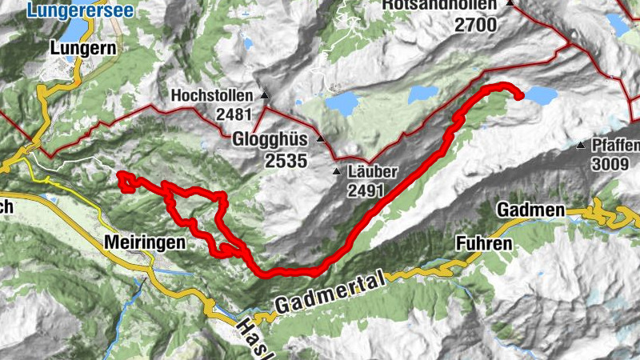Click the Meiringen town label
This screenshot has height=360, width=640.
pos(147,242)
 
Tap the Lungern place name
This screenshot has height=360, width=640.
pos(83,48)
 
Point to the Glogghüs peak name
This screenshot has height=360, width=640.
pos(270,139)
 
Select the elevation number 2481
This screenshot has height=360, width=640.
pos(234,114)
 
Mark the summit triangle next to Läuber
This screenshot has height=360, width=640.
pos(337,172)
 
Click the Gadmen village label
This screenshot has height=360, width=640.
pos(530,210)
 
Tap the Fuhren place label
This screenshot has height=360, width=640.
pos(482,243)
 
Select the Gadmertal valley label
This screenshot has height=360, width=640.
pos(330,292)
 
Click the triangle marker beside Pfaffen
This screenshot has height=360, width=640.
pos(581,146)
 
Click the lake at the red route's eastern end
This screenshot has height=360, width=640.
pos(540,96)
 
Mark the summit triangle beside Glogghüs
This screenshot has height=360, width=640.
pos(321,139)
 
